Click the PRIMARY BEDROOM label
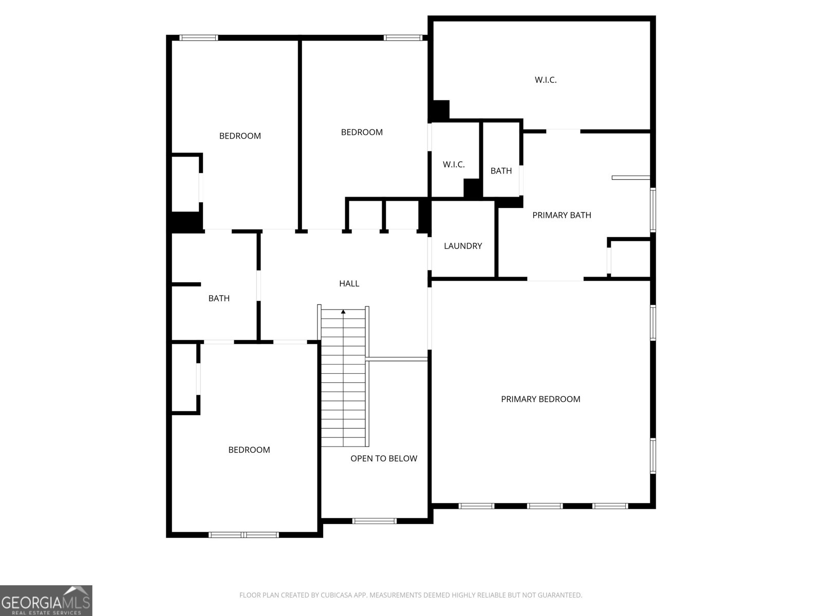[x=540, y=399]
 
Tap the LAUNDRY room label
[x=463, y=246]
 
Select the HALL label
[x=349, y=283]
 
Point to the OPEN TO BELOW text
[x=383, y=458]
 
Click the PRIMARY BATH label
[x=562, y=215]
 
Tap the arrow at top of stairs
[x=343, y=311]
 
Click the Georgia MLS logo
[x=46, y=600]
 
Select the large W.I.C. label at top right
[x=546, y=80]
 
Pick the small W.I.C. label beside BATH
[x=454, y=164]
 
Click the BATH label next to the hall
[x=219, y=298]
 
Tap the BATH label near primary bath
[x=501, y=170]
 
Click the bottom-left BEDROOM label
[x=249, y=450]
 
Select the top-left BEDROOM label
[x=240, y=136]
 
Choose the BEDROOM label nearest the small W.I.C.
[x=362, y=132]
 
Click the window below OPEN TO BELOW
[x=374, y=521]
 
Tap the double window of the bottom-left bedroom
[x=244, y=535]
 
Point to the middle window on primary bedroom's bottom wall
[x=545, y=506]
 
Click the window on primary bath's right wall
[x=653, y=210]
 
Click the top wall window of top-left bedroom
[x=198, y=38]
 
